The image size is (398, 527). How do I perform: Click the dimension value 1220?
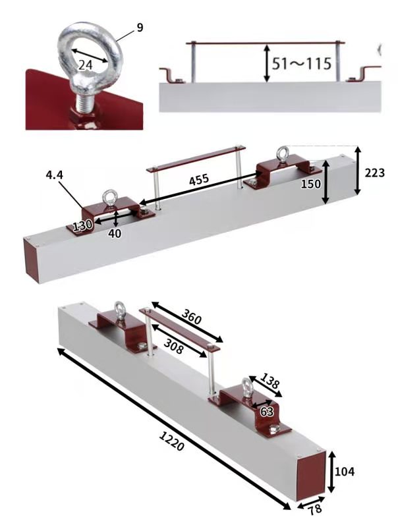[x=171, y=441]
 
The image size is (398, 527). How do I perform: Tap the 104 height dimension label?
[x=345, y=472]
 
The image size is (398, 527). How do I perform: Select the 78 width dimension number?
[x=315, y=509]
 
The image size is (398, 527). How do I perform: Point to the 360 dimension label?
[x=192, y=316]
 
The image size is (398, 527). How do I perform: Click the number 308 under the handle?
[x=174, y=347]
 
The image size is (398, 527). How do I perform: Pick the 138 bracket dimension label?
[x=270, y=381]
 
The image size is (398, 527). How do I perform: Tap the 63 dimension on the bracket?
[x=267, y=411]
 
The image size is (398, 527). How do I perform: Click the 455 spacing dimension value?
[x=199, y=180]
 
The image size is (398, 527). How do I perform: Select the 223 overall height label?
[x=374, y=173]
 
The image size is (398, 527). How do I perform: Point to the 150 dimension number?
[x=310, y=184]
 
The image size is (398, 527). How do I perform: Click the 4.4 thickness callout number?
[x=55, y=175]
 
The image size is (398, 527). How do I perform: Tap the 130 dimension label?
[x=82, y=225]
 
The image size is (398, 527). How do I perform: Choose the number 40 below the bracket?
[x=115, y=233]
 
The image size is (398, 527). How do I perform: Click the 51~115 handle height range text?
[x=302, y=63]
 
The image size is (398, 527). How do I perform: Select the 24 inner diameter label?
[x=85, y=65]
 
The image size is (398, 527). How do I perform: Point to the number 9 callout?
[x=140, y=28]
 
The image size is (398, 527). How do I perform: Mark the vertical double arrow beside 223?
[x=358, y=171]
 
